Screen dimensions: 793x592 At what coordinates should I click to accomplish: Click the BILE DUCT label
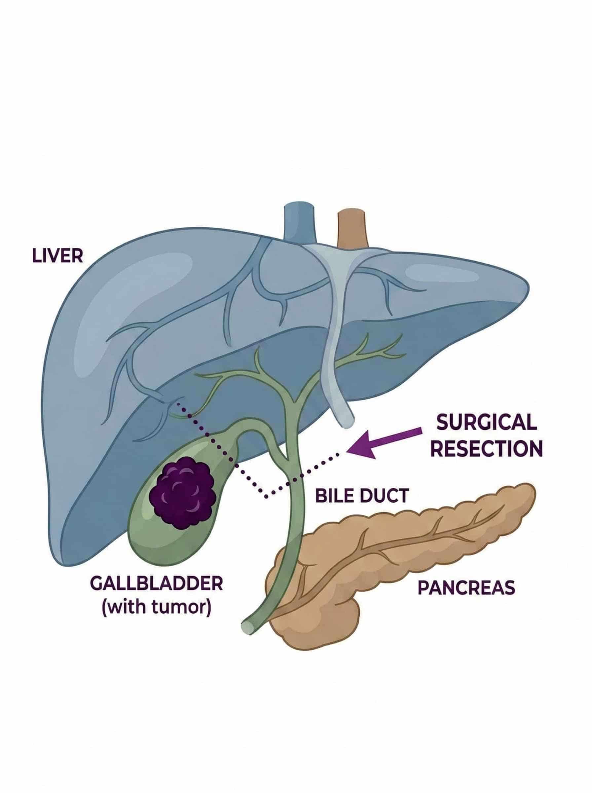pos(362,496)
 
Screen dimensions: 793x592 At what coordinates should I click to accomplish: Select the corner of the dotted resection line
pos(266,497)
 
